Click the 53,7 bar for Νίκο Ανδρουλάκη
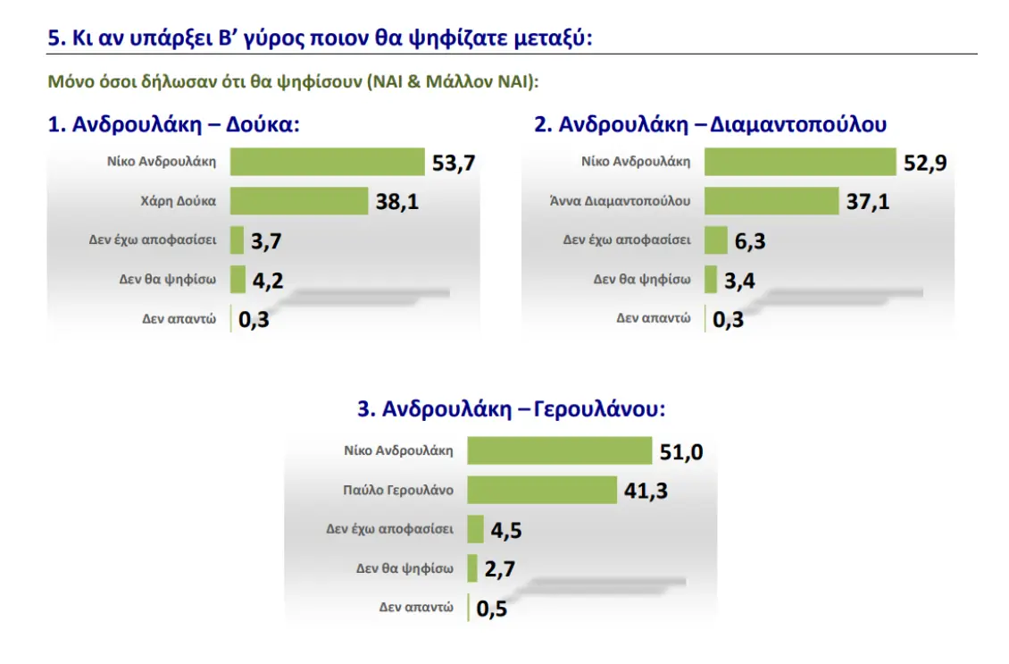click(327, 162)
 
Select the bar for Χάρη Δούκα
click(299, 201)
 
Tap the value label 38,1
click(397, 203)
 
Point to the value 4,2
click(268, 281)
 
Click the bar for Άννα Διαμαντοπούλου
click(771, 201)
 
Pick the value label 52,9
click(925, 164)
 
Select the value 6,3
click(749, 241)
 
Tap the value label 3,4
click(738, 281)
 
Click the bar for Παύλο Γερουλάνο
click(542, 490)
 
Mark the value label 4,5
click(506, 530)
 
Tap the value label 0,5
click(492, 609)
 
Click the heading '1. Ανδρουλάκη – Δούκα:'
click(173, 125)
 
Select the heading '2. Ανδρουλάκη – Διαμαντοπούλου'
click(710, 125)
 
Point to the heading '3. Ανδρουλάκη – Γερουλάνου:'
click(512, 409)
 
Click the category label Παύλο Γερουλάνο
click(398, 490)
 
